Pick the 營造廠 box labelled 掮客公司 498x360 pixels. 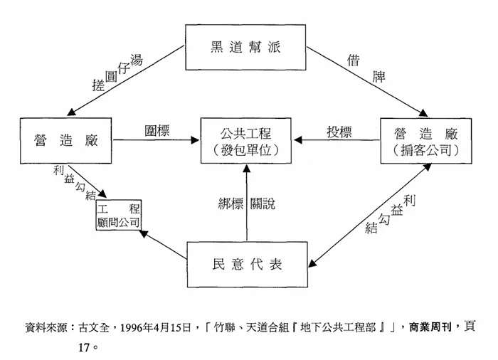(x=425, y=141)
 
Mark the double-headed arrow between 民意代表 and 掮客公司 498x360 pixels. (x=370, y=213)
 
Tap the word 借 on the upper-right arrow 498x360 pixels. (x=352, y=59)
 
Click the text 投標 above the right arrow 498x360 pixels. (x=338, y=132)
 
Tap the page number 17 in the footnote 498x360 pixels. (x=85, y=349)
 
